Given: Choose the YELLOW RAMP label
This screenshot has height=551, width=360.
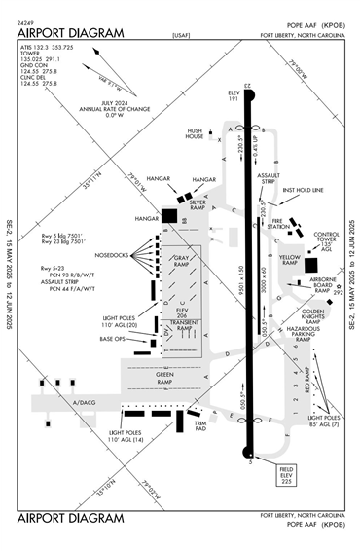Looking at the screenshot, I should [x=289, y=260].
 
